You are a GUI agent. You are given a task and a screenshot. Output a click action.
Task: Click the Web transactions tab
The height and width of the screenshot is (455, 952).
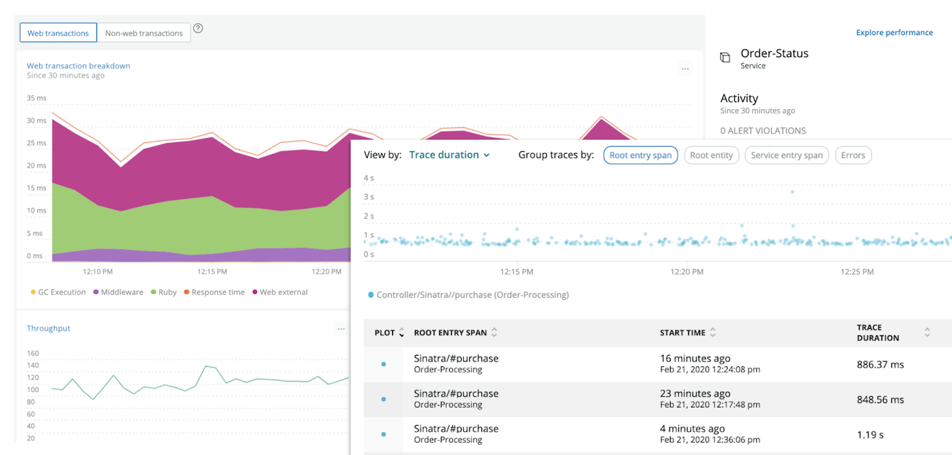[x=58, y=33]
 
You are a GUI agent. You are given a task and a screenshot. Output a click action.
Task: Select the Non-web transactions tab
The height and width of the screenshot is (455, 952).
[x=144, y=33]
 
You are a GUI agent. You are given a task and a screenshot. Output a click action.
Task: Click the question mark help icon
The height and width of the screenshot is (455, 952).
[x=198, y=28]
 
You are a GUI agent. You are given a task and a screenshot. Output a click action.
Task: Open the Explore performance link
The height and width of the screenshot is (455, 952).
[x=894, y=32]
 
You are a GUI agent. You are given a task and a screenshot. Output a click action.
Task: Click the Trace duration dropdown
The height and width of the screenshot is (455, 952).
[x=449, y=155]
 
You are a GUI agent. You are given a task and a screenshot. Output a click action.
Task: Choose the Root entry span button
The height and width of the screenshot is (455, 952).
[x=640, y=155]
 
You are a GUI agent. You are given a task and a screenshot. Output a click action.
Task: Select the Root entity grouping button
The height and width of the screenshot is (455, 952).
[x=711, y=155]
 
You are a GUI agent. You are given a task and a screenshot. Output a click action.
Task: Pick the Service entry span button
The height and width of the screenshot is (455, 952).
[x=786, y=155]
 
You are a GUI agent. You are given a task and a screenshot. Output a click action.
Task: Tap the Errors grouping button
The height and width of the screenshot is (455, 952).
[x=853, y=155]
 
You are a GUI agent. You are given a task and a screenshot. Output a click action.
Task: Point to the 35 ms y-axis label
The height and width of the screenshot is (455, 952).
[x=36, y=98]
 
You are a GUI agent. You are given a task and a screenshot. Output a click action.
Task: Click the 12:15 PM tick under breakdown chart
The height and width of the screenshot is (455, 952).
[x=212, y=272]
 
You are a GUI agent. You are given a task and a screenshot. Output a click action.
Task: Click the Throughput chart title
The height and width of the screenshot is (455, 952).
[x=48, y=328]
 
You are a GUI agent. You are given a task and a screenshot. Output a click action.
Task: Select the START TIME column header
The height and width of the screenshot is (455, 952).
[x=682, y=332]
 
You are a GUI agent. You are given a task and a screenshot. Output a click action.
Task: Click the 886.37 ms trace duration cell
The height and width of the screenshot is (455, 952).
[x=880, y=364]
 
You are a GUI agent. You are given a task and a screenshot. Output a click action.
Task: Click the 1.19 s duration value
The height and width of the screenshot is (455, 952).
[x=870, y=435]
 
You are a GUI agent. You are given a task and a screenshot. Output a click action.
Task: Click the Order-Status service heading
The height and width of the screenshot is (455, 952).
[x=774, y=54]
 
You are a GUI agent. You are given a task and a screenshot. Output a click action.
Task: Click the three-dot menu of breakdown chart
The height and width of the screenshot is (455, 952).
[x=685, y=68]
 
